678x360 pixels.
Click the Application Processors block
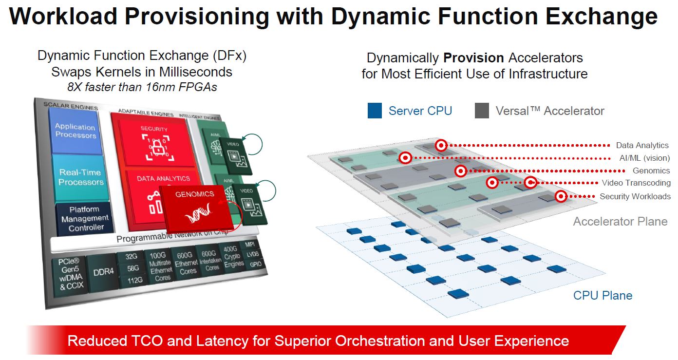point(75,131)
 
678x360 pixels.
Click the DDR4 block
point(103,271)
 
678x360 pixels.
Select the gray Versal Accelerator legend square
point(482,111)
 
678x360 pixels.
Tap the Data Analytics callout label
point(642,145)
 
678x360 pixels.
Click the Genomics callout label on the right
point(651,171)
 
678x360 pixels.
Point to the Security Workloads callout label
point(635,196)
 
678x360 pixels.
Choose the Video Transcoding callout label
point(636,183)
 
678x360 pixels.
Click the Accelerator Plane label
point(620,222)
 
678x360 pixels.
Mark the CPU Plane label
point(603,295)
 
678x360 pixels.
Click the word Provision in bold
point(473,58)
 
